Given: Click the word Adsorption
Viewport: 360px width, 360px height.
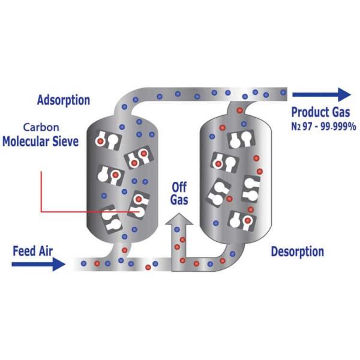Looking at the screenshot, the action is click(63, 100).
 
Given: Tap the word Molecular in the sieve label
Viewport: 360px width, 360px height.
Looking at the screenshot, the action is click(29, 142).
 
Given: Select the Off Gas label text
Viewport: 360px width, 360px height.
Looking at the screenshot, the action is click(179, 193).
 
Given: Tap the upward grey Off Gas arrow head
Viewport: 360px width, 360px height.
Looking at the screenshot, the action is click(179, 221).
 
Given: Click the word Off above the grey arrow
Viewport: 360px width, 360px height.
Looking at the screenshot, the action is click(179, 186).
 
